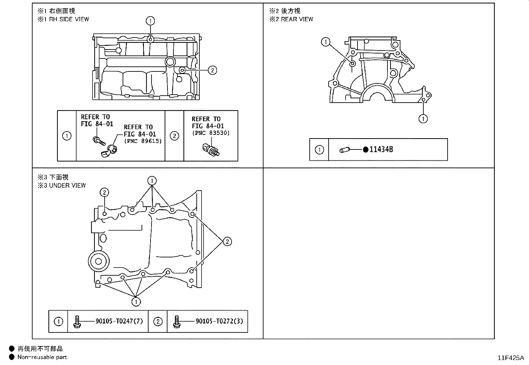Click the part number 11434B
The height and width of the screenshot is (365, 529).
(x=381, y=150)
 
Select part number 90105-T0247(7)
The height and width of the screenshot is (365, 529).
(x=119, y=321)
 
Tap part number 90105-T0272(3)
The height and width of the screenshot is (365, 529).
(x=219, y=321)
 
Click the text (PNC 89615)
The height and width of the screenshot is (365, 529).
(x=143, y=141)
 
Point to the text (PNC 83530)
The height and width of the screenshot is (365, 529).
(x=210, y=133)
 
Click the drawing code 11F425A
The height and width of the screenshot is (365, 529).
(x=510, y=358)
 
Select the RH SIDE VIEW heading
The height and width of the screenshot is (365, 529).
(x=69, y=19)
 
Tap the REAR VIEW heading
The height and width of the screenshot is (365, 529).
(x=297, y=19)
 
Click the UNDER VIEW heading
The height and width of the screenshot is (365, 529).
(x=67, y=185)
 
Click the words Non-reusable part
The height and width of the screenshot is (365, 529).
(x=42, y=357)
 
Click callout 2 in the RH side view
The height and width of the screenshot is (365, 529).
(x=212, y=70)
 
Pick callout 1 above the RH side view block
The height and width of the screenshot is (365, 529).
(x=151, y=21)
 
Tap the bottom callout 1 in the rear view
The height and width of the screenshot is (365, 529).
(x=423, y=119)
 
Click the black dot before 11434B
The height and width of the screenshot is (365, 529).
(x=366, y=150)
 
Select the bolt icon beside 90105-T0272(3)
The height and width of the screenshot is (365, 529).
(x=176, y=321)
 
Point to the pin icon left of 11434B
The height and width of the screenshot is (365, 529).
(x=344, y=150)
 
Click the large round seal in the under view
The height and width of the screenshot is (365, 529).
(x=98, y=261)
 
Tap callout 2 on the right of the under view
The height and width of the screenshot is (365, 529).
(x=227, y=241)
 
